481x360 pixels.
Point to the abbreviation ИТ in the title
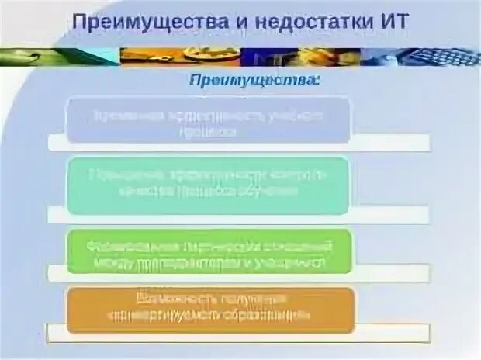[x=389, y=20]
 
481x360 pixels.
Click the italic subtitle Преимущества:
[x=252, y=81]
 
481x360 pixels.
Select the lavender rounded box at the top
[x=208, y=119]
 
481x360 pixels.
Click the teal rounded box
[x=208, y=185]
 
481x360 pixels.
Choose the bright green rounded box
[x=208, y=251]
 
